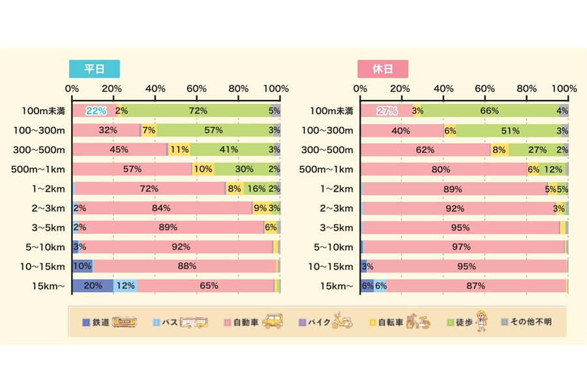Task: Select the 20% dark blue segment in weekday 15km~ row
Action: (x=93, y=286)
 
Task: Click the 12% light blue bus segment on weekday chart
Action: (x=125, y=286)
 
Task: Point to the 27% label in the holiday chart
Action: (x=387, y=111)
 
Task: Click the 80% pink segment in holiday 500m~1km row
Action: (x=442, y=169)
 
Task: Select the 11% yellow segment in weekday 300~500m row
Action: (x=179, y=150)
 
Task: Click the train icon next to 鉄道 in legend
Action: (x=124, y=322)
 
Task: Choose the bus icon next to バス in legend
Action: (x=196, y=322)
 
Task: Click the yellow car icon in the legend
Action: (x=272, y=322)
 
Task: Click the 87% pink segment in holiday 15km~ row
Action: (x=476, y=286)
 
